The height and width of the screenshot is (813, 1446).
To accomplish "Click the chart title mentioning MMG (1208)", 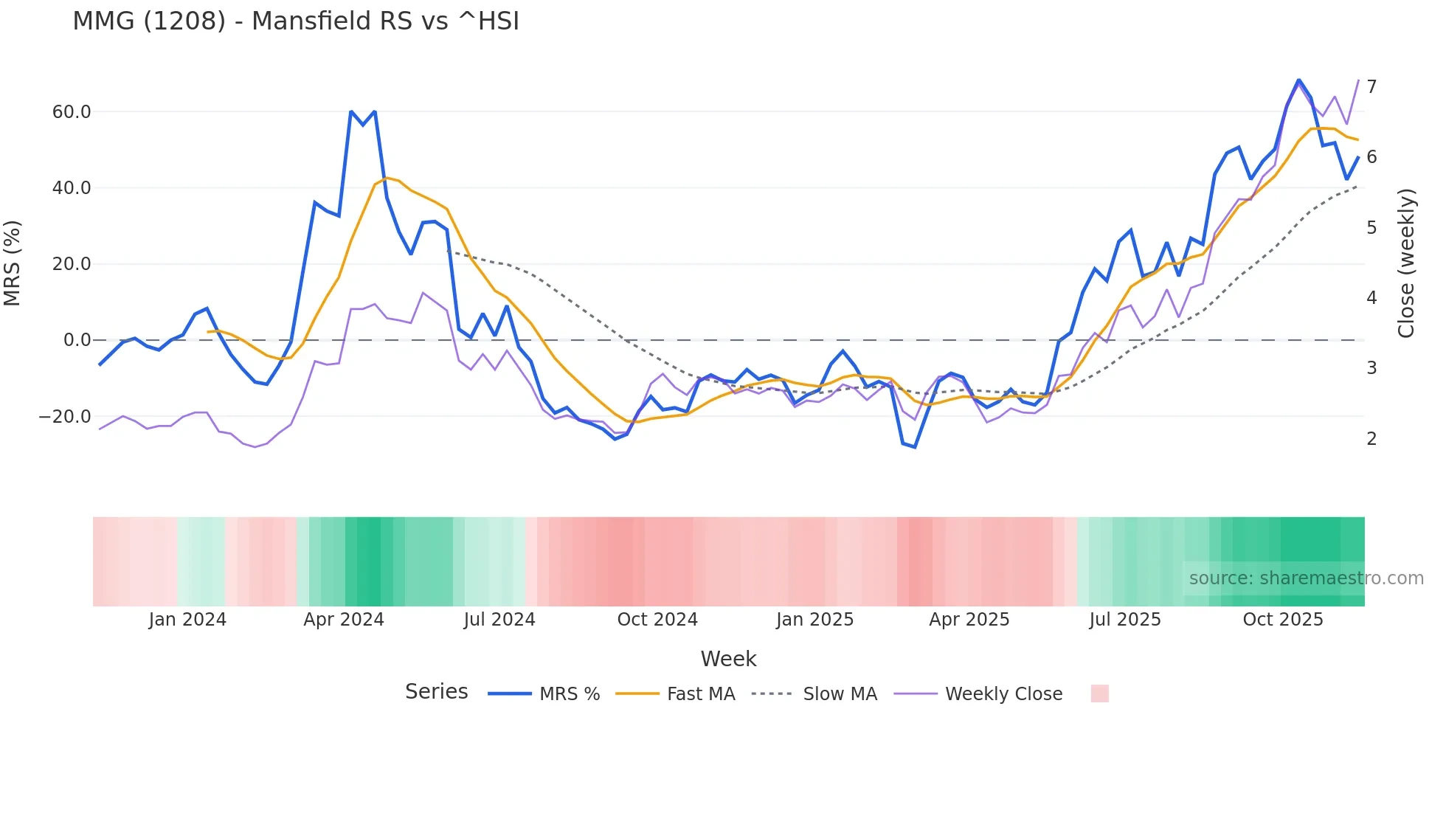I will click(296, 21).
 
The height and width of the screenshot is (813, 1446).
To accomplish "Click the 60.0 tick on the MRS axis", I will click(72, 112).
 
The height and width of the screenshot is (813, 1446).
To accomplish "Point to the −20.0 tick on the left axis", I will click(65, 417).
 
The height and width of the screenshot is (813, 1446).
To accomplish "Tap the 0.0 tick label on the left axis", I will click(77, 340).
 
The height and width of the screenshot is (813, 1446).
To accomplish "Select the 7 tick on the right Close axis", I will click(1371, 87).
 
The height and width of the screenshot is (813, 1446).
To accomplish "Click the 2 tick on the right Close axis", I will click(1371, 439).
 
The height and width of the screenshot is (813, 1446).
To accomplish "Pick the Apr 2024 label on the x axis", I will click(344, 620).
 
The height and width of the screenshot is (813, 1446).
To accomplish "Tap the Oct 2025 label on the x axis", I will click(1283, 620).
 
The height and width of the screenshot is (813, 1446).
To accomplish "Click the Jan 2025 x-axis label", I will click(814, 620).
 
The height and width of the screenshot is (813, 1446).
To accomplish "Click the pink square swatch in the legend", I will click(1099, 693).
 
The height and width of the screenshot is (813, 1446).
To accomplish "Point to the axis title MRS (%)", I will click(13, 263).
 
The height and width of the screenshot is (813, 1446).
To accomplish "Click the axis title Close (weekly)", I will click(1406, 263).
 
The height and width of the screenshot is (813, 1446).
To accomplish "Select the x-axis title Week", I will click(728, 659).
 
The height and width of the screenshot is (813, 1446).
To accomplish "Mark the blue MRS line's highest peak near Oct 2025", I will click(1298, 80).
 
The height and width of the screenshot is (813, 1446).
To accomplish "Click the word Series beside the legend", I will click(436, 692).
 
